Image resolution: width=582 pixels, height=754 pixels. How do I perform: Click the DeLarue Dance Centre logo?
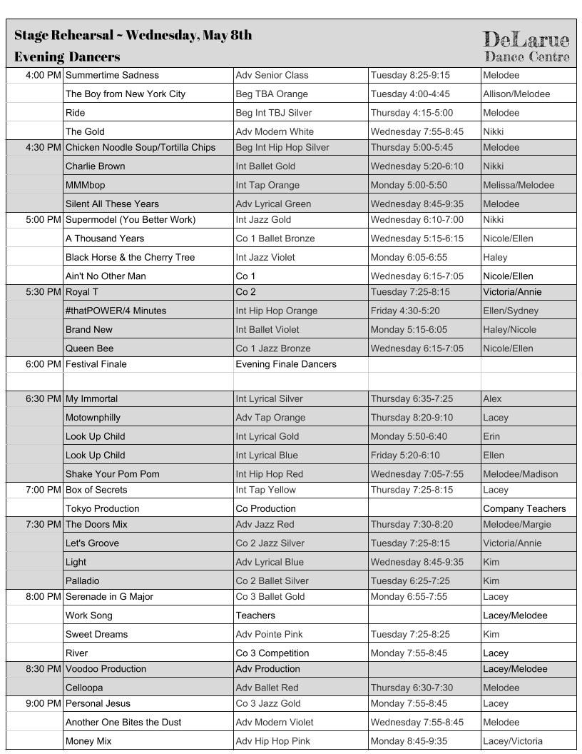[x=526, y=46]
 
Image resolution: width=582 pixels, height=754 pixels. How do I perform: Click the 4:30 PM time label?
[x=43, y=148]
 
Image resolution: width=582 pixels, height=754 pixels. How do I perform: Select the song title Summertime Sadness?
[x=112, y=75]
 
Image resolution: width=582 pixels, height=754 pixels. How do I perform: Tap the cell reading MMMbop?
[x=85, y=185]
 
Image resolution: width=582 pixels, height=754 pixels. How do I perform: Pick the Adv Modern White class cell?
[x=275, y=131]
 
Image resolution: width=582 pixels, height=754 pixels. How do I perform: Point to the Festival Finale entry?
[x=96, y=364]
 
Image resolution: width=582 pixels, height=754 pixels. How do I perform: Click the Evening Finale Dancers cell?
[x=286, y=364]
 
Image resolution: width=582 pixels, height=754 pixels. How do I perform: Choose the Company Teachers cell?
[x=524, y=509]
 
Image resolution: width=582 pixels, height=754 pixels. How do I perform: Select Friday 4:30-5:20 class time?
[x=406, y=311]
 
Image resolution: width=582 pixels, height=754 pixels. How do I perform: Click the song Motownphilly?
[x=93, y=418]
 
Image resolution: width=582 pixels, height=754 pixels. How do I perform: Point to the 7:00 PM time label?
[x=43, y=490]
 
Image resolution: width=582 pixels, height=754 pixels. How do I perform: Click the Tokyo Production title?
[x=102, y=509]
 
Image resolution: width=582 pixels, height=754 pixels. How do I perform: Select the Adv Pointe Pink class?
[x=270, y=634]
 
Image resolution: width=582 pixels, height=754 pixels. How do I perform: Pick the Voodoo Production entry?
[x=106, y=669]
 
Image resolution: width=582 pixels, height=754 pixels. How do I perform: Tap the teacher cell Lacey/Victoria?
[x=513, y=741]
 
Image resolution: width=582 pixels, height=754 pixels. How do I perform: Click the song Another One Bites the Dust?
[x=123, y=723]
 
